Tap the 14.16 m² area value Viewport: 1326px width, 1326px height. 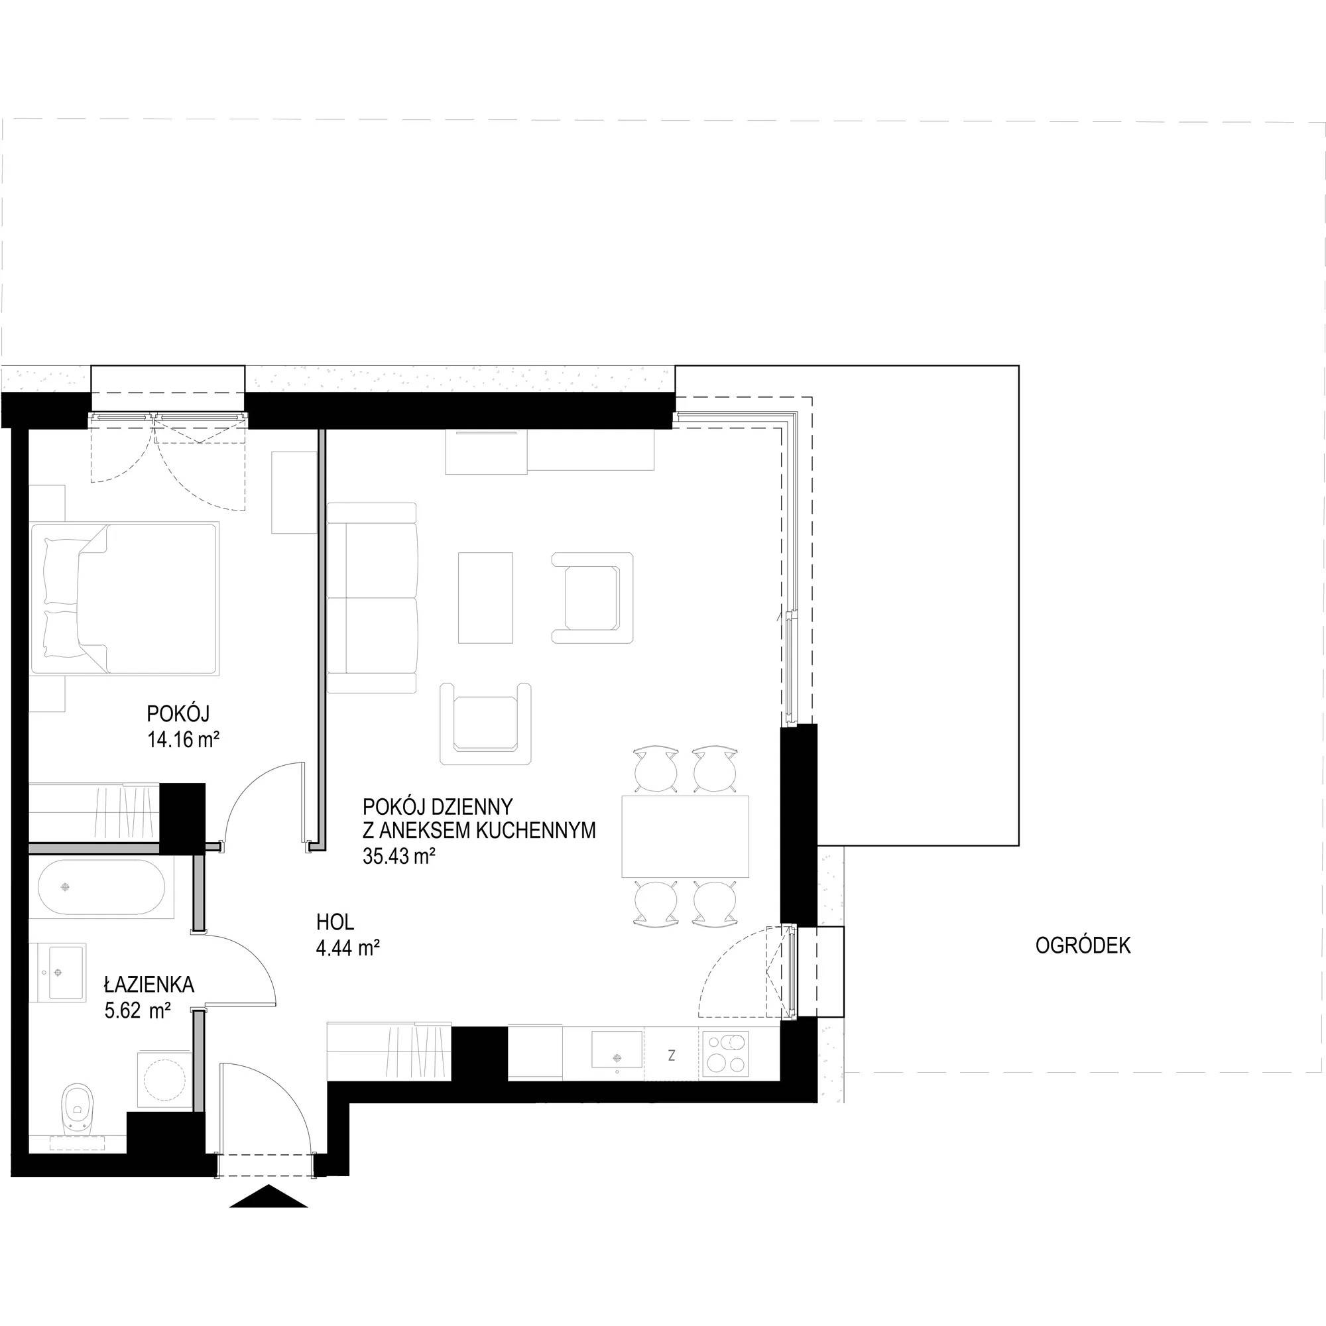point(182,739)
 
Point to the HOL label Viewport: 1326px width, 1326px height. point(335,922)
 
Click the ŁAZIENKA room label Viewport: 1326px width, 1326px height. point(149,985)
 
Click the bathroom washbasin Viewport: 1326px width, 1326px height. point(58,972)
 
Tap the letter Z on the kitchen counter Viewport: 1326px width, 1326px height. point(671,1055)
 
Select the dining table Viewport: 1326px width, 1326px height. point(685,836)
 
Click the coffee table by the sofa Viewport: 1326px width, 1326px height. point(485,598)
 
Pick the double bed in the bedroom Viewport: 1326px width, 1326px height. point(123,598)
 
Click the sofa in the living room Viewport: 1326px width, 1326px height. point(373,598)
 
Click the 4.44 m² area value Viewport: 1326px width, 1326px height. point(348,949)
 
